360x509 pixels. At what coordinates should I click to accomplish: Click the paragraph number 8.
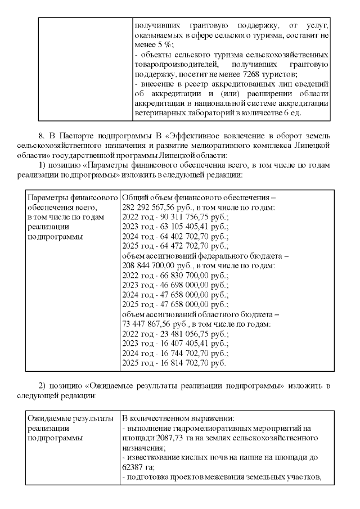click(40, 135)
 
